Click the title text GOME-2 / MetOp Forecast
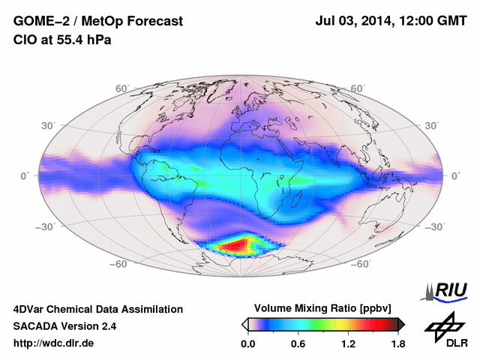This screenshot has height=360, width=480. point(98,22)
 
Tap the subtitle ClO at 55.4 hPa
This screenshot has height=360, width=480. point(62,40)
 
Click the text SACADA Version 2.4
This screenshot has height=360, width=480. point(65,326)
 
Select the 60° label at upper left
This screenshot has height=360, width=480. point(123,88)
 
